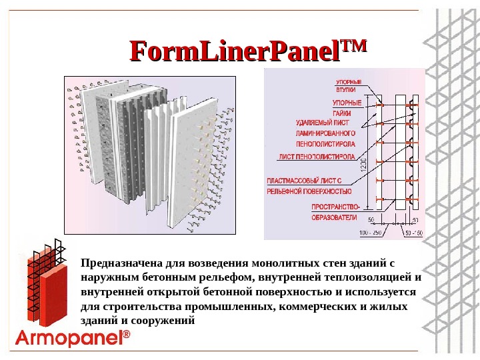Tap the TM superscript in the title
pos(353,45)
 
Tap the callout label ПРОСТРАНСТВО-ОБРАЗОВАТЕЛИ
pos(335,211)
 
